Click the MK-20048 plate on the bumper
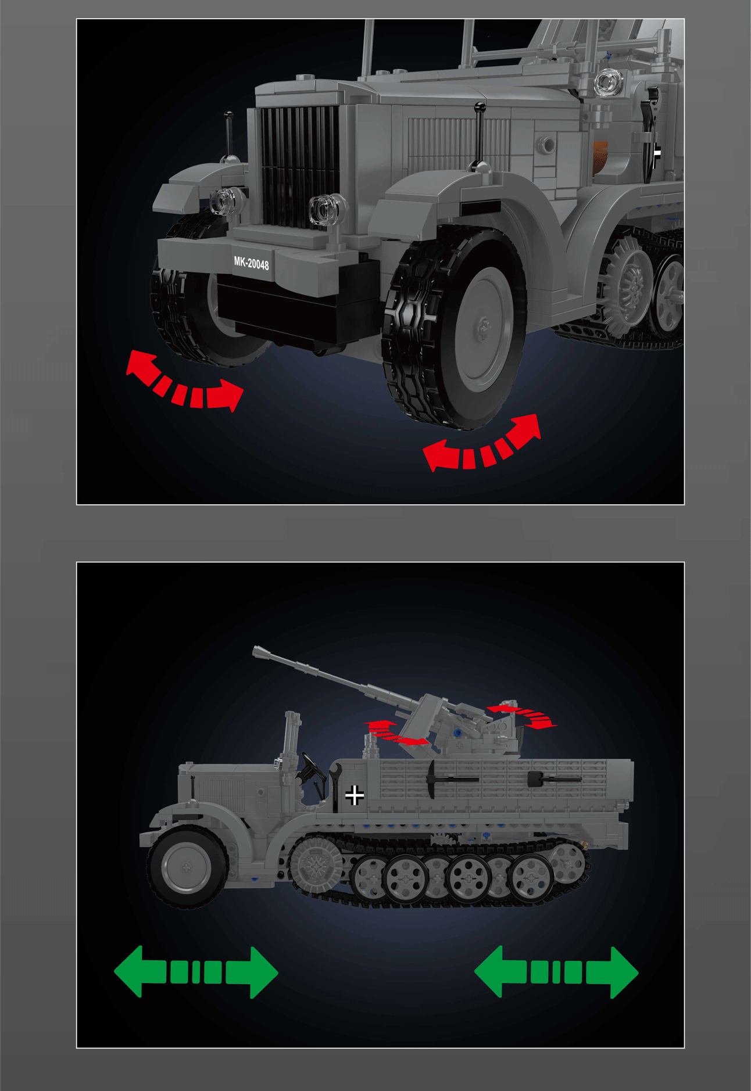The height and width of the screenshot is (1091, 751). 251,263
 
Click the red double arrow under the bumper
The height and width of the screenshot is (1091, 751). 184,382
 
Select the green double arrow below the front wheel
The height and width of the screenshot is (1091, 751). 196,972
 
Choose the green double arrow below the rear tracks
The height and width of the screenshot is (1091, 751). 556,972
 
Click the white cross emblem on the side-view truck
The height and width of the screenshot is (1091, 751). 354,795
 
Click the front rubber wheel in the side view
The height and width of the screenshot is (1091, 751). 186,867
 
